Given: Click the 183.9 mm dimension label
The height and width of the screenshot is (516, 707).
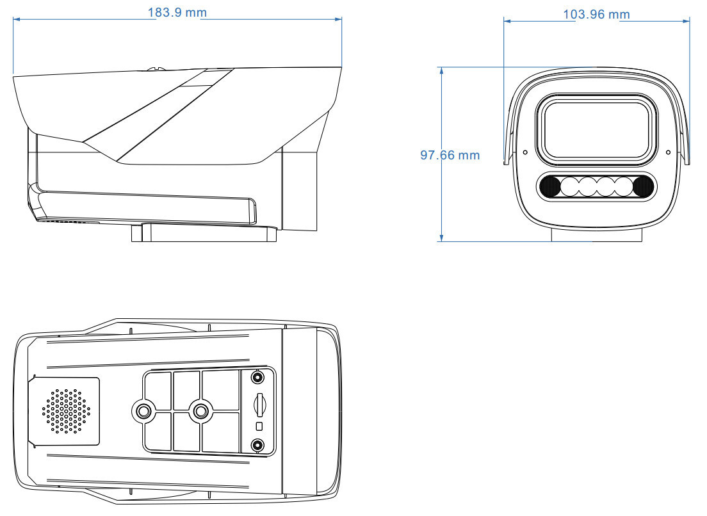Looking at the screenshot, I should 179,13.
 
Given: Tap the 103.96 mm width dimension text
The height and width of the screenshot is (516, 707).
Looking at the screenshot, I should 596,14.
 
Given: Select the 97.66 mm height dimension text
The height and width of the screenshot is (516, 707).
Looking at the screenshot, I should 450,155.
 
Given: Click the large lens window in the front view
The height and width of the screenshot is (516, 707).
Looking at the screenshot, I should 596,129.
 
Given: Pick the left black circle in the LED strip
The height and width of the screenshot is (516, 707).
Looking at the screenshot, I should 549,186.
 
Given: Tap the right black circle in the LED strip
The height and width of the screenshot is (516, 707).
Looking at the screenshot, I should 643,186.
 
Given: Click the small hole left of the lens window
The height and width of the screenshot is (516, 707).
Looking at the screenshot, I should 525,152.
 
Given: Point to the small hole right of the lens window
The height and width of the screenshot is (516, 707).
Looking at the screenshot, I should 668,152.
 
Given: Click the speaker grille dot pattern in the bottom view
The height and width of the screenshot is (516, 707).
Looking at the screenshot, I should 67,410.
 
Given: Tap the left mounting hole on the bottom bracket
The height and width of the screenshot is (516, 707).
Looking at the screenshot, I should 142,410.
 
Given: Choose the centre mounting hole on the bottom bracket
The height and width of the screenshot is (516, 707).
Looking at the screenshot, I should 201,410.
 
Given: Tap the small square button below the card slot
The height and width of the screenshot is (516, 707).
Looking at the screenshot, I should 259,426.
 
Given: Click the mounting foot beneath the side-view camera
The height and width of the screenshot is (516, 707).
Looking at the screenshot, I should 204,233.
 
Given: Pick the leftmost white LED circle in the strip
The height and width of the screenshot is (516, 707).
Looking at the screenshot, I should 569,186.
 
